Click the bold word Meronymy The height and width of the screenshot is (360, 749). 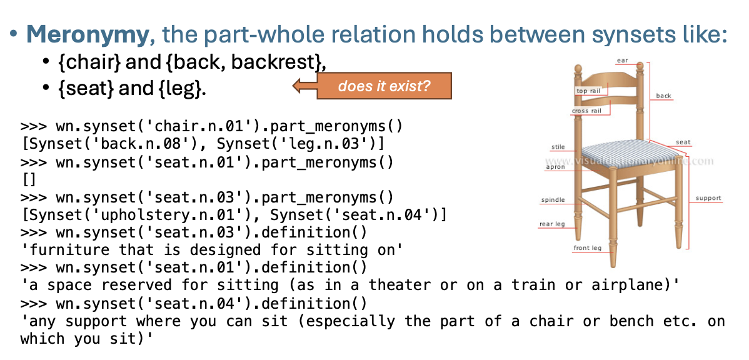point(88,35)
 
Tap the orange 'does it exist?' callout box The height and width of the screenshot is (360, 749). point(384,86)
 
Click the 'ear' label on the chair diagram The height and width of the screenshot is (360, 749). point(623,61)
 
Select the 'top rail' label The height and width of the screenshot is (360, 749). point(588,91)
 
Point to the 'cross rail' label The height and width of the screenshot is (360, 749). point(586,111)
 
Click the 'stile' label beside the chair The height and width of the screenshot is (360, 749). point(558,147)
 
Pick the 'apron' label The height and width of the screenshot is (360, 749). point(556,167)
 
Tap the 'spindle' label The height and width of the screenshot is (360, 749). point(553,200)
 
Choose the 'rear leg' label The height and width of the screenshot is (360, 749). point(552,224)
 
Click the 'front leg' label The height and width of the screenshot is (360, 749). point(588,248)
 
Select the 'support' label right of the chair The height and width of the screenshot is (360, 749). point(708,198)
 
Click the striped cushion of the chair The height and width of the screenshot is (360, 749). point(626,152)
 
